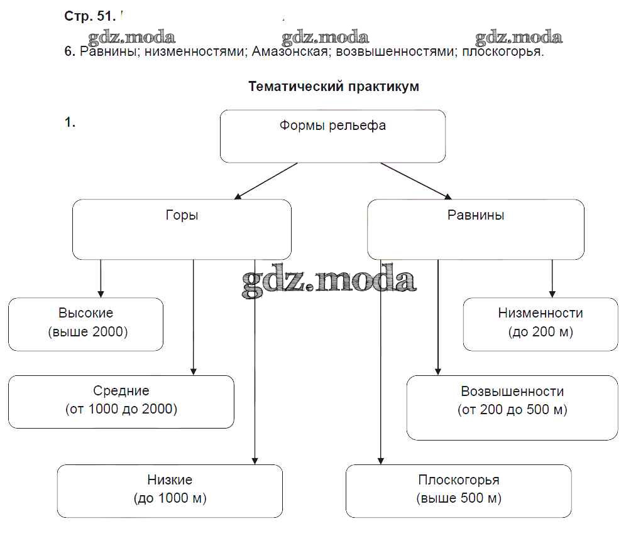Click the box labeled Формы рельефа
click(x=332, y=136)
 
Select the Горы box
click(x=182, y=229)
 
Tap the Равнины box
click(x=475, y=229)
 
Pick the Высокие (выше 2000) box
click(x=85, y=324)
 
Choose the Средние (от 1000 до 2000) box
click(x=121, y=402)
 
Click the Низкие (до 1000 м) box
click(x=170, y=491)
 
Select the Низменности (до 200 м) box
click(x=541, y=324)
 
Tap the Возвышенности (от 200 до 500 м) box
click(x=512, y=407)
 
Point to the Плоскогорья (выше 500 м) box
click(x=458, y=491)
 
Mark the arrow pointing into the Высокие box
click(x=101, y=279)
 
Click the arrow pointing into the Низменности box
click(x=552, y=279)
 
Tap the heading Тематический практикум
click(x=333, y=87)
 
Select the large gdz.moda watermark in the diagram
click(x=329, y=280)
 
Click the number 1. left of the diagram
click(x=70, y=123)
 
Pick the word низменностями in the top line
click(x=194, y=52)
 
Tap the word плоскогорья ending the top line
click(x=502, y=52)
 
